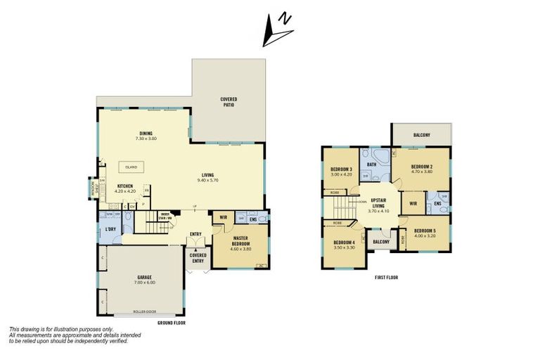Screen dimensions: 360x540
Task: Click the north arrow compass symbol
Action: [277, 30]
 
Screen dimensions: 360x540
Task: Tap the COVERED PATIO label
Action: [229, 102]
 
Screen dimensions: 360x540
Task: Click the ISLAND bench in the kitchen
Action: [131, 167]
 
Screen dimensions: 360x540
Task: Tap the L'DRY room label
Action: [110, 230]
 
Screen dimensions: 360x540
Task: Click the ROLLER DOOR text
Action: [145, 312]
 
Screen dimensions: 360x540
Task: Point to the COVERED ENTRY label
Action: [198, 257]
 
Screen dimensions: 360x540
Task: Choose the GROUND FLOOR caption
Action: [171, 322]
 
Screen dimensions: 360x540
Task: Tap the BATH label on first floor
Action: [372, 165]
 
